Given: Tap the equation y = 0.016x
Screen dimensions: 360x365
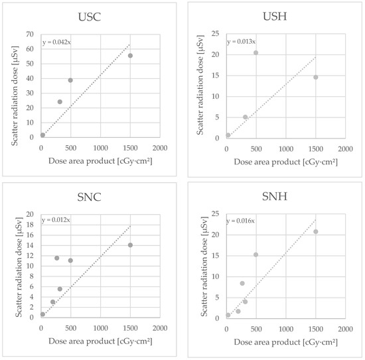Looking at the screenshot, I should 240,221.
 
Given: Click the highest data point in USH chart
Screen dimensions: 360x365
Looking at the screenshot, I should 256,53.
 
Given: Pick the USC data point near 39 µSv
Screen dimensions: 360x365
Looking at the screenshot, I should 70,80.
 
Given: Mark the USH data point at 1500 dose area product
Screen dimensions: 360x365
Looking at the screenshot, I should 316,77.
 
